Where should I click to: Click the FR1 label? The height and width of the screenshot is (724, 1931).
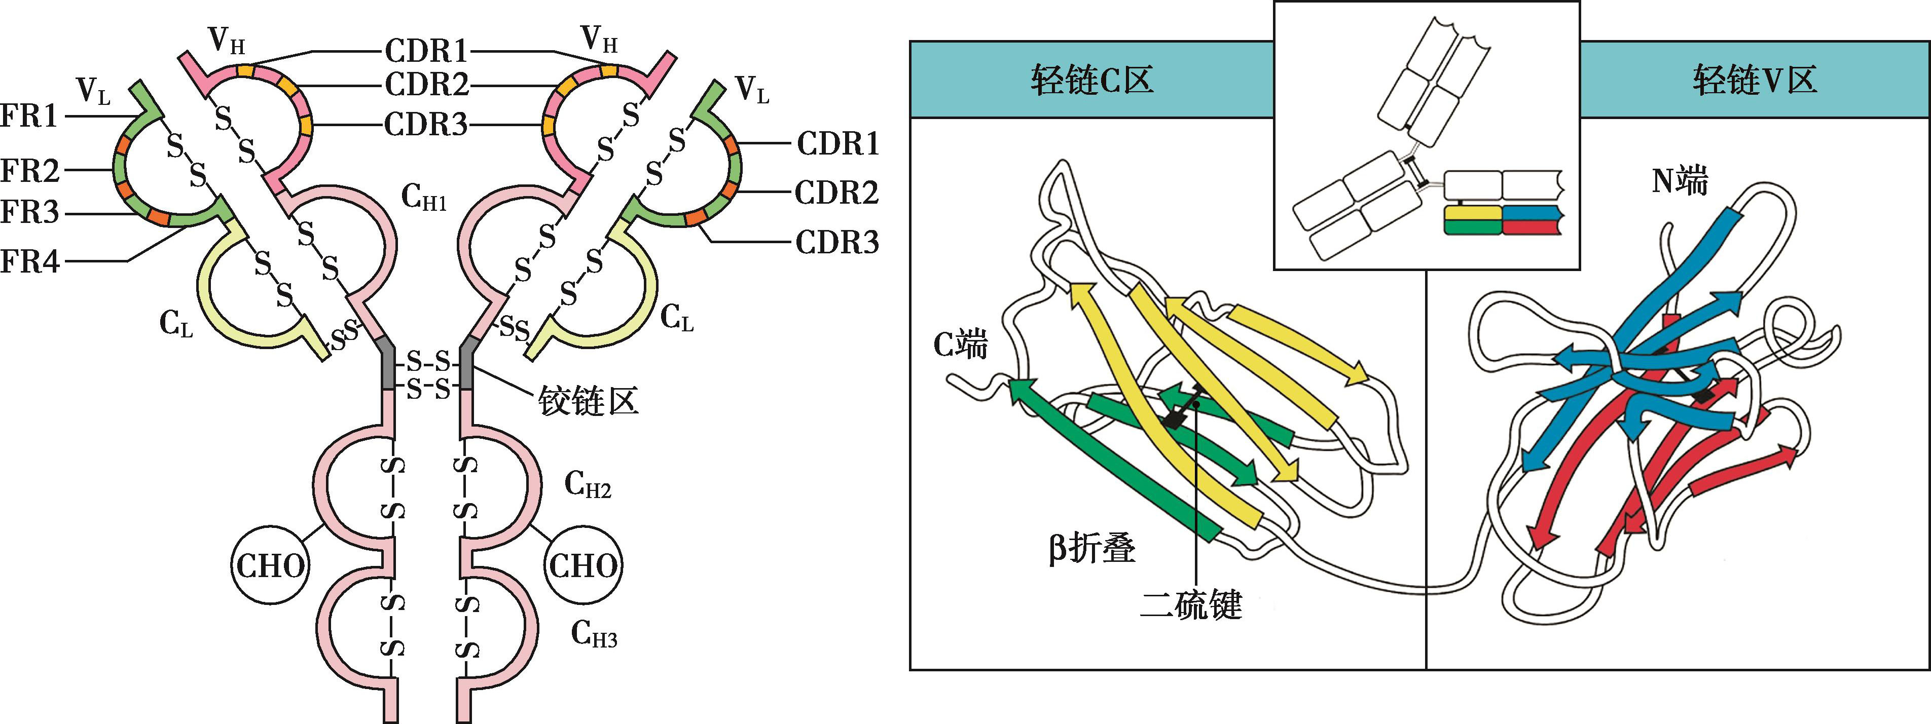pyautogui.click(x=29, y=117)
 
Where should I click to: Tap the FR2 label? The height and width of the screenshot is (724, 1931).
pyautogui.click(x=30, y=171)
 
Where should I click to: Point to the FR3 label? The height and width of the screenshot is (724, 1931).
pyautogui.click(x=30, y=213)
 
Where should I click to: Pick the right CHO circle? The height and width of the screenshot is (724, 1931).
pyautogui.click(x=583, y=566)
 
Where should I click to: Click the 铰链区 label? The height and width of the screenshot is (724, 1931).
pyautogui.click(x=589, y=402)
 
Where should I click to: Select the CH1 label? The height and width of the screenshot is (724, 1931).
pyautogui.click(x=423, y=199)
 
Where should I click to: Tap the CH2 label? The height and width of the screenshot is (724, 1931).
pyautogui.click(x=587, y=486)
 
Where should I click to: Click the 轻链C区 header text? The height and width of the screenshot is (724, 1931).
pyautogui.click(x=1091, y=80)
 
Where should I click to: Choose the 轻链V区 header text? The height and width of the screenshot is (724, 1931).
pyautogui.click(x=1754, y=80)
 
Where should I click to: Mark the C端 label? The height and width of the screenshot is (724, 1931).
pyautogui.click(x=960, y=346)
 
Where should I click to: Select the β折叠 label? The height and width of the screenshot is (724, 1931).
pyautogui.click(x=1091, y=549)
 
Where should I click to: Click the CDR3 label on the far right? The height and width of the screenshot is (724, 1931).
pyautogui.click(x=836, y=243)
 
